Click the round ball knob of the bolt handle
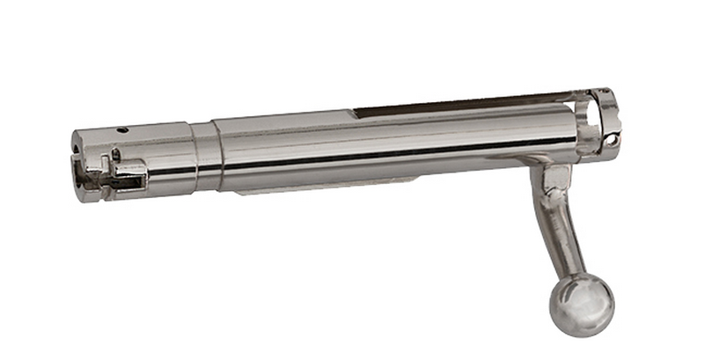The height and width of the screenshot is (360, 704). (582, 305)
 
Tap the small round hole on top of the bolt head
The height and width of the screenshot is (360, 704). (124, 130)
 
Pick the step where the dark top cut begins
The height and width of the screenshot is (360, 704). (356, 112)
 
